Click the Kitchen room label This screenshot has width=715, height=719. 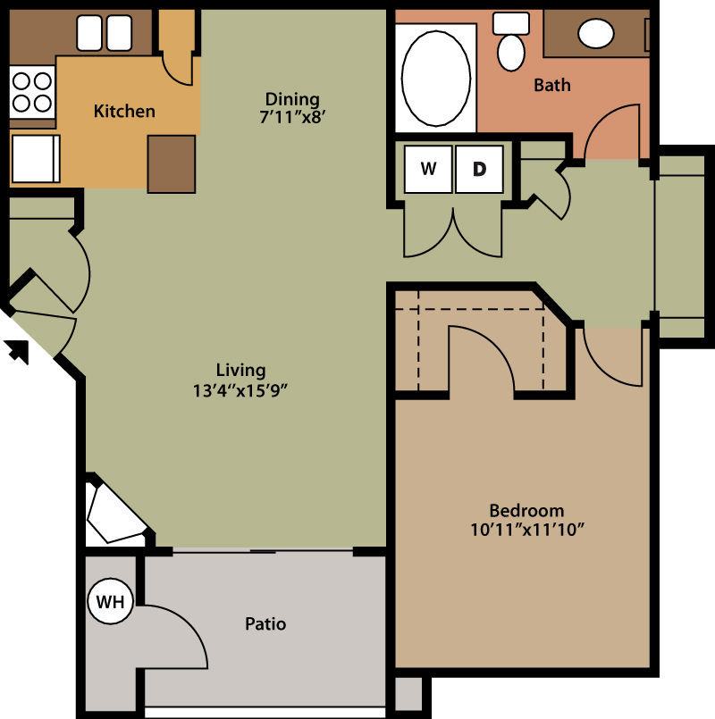[x=124, y=112]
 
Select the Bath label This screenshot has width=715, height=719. [x=551, y=86]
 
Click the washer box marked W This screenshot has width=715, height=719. [x=428, y=169]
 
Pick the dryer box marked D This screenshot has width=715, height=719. [x=479, y=169]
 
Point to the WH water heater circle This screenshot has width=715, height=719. [x=111, y=602]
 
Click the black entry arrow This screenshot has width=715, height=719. [x=17, y=351]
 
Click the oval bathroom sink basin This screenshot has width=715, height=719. [x=596, y=33]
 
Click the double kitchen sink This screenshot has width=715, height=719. [x=105, y=34]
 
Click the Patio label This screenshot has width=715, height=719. [x=265, y=623]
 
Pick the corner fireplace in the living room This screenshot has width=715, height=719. [x=114, y=516]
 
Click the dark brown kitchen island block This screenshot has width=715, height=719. [x=171, y=163]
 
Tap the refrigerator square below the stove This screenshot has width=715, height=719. [x=34, y=159]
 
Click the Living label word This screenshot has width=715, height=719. [x=240, y=370]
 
